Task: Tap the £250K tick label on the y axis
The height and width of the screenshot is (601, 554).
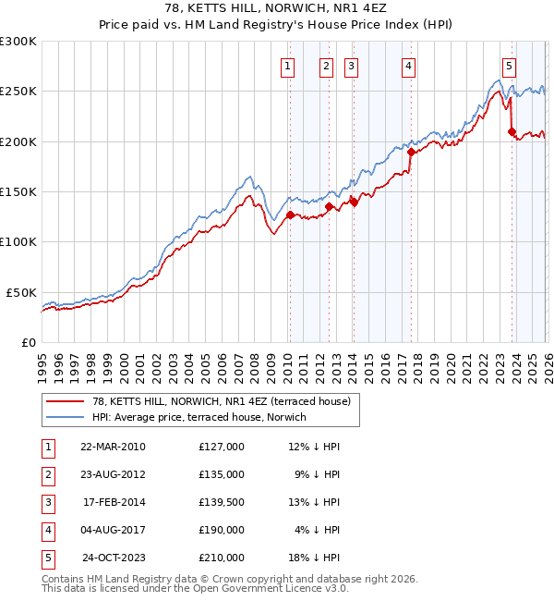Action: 18,92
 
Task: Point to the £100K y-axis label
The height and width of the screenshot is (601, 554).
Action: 18,241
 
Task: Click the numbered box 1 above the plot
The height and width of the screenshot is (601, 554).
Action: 288,66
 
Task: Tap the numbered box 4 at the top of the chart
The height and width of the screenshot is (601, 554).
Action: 408,66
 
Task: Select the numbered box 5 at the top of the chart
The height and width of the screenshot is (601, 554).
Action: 510,66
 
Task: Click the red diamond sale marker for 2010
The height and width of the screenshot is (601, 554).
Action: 290,215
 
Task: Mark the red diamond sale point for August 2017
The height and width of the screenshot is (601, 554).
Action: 411,153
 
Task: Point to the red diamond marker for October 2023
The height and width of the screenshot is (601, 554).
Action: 512,132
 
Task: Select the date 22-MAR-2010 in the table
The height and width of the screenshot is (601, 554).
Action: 113,447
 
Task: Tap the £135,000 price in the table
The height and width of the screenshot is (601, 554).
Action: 221,474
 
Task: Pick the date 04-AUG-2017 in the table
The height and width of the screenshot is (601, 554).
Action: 113,530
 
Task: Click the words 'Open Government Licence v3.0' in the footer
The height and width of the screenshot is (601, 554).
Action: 267,589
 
